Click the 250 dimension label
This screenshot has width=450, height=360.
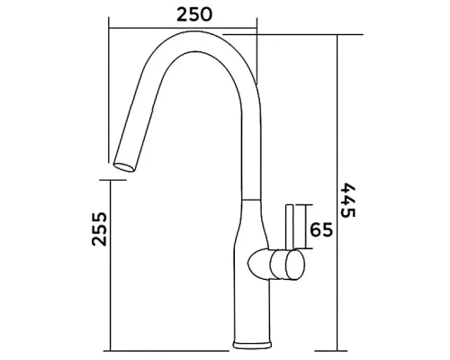point(194,14)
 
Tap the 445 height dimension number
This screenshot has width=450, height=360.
point(348,200)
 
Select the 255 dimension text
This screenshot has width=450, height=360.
point(99,229)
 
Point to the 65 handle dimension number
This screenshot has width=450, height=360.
point(321,229)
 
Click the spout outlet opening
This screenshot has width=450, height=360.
point(124,167)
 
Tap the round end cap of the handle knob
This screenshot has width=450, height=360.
point(295,265)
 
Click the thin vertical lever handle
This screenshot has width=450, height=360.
point(290,227)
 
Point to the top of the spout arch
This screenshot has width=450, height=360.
point(192,31)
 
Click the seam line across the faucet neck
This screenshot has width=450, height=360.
point(251,200)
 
